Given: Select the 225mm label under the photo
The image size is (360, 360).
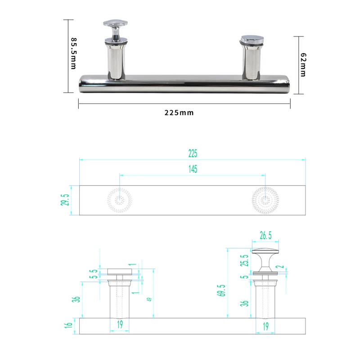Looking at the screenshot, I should tap(179, 112).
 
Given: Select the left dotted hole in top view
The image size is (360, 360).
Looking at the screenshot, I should tap(119, 200).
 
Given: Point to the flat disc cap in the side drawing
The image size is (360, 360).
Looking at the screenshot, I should tap(120, 271).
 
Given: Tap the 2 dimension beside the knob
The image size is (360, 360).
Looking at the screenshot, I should tap(282, 267).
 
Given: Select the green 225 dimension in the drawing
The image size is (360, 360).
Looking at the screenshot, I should tap(193, 153).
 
